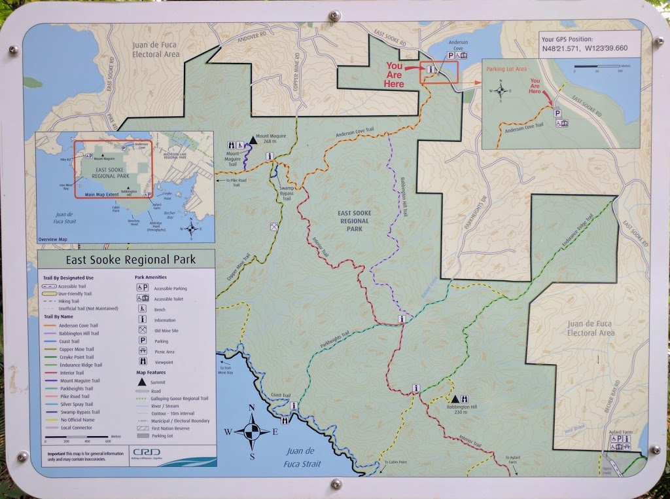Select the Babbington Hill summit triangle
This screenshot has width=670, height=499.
[x=455, y=399]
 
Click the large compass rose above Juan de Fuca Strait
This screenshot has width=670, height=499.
[x=252, y=432]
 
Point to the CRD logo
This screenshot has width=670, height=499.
[x=142, y=452]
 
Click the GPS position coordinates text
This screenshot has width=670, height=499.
[x=584, y=48]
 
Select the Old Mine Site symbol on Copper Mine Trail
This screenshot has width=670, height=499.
[x=272, y=227]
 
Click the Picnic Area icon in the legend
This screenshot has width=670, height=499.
[x=142, y=351]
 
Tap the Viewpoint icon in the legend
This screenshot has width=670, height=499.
[x=142, y=361]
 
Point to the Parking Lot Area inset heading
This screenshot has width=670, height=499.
[x=507, y=68]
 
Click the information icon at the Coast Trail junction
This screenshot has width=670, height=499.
[x=294, y=406]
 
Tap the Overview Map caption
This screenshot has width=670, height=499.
[x=53, y=239]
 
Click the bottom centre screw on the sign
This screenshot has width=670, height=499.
[x=336, y=483]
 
